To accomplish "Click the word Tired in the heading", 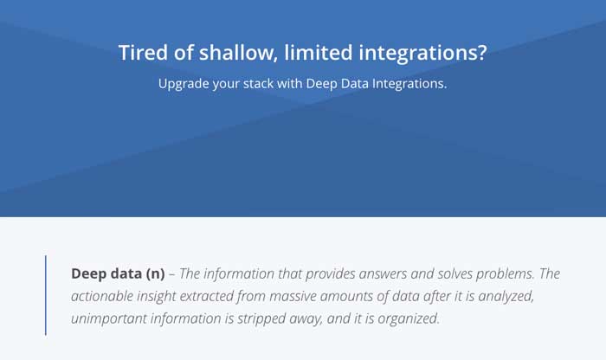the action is coord(143,53).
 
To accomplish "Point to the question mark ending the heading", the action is coord(481,53).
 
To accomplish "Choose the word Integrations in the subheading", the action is coord(409,83).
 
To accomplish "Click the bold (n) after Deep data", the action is coord(155,273).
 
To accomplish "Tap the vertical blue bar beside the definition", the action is coord(46,295).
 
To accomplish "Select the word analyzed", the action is coord(506,297).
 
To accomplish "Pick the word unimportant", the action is coord(108,319).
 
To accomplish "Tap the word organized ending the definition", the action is coord(409,319).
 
